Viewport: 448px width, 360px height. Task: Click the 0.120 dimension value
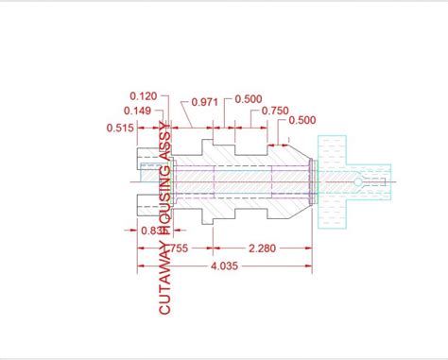144,95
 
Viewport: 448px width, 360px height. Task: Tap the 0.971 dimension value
204,101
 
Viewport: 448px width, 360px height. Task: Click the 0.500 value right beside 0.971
249,100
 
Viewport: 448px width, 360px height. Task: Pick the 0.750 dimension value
275,111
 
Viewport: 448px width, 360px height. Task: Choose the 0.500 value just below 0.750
302,120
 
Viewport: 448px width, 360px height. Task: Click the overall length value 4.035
224,266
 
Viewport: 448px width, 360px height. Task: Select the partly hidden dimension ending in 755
180,249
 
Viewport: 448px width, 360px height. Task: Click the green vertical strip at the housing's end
313,180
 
